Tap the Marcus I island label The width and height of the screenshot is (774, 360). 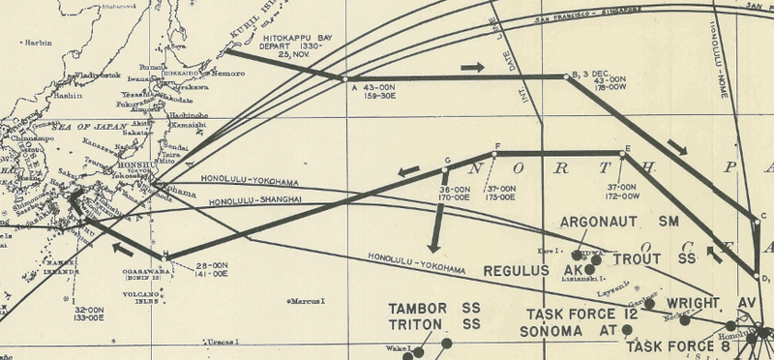coord(309,301)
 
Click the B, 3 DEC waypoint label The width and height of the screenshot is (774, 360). coord(593,73)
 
